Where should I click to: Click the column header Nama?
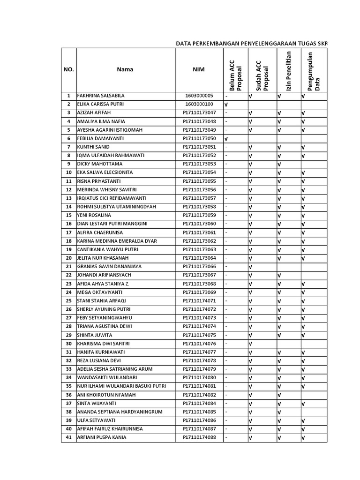coord(125,69)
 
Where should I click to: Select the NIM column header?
coord(199,69)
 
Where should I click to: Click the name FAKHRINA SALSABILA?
coord(101,96)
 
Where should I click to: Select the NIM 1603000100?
coord(199,104)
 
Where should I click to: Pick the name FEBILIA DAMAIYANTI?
coord(100,138)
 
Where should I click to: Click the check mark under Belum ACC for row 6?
coord(226,139)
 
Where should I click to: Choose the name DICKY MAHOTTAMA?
coord(99,164)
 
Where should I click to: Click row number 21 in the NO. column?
coord(68,267)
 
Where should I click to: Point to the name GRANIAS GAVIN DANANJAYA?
coord(109,267)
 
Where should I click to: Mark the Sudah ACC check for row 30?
coord(250,344)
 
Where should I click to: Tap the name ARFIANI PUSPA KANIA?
coord(102,438)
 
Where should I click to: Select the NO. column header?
coord(68,69)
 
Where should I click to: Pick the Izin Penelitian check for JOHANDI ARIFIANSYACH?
coord(279,276)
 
